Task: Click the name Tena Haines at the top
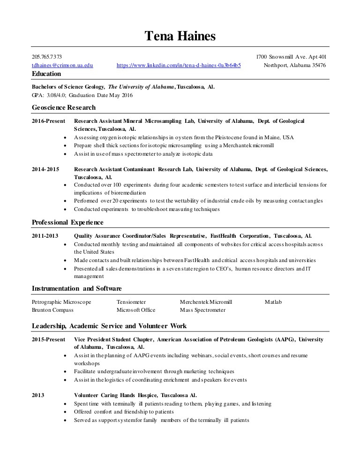[180, 35]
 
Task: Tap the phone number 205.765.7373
[46, 57]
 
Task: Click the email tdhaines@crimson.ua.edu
[62, 66]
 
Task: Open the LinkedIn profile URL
[179, 66]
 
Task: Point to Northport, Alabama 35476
[295, 66]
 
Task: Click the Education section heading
[46, 74]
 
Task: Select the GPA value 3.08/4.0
[55, 95]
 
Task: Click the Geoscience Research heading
[64, 108]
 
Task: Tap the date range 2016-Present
[48, 121]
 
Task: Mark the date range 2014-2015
[45, 169]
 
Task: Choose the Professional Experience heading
[67, 222]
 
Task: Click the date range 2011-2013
[45, 236]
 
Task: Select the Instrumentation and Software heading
[77, 288]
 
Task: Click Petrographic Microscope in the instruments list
[61, 302]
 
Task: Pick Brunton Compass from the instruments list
[52, 310]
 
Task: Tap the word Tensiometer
[131, 302]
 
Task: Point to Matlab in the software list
[273, 302]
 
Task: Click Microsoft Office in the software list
[136, 310]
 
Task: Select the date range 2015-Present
[48, 339]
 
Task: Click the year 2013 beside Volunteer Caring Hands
[38, 395]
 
